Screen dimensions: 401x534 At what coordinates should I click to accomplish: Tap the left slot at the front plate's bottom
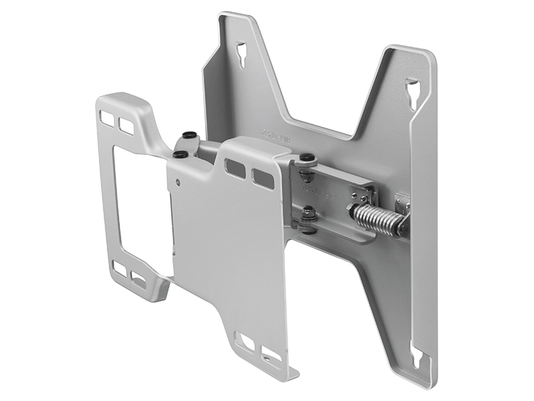(246, 342)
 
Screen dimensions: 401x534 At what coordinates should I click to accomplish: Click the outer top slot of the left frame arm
(107, 118)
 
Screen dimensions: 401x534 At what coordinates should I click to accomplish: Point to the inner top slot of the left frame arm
(126, 124)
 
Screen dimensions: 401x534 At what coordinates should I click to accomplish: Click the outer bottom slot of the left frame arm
(119, 267)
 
